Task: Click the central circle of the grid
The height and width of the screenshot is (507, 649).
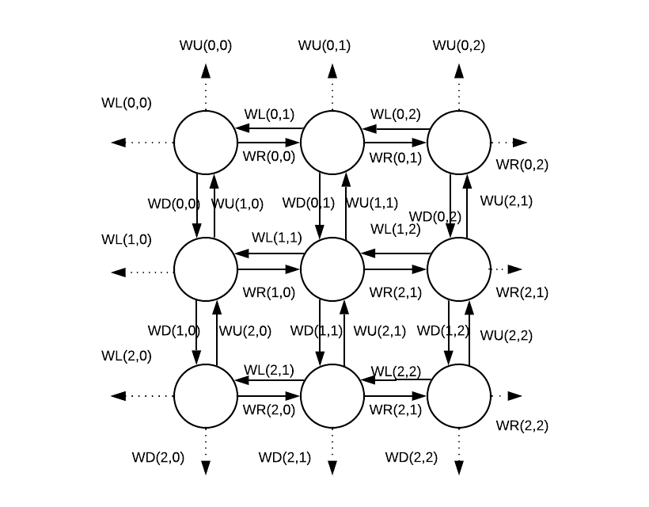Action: pos(332,269)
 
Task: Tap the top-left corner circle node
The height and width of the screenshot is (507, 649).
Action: pos(206,143)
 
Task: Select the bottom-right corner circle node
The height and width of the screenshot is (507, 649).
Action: pos(459,396)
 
